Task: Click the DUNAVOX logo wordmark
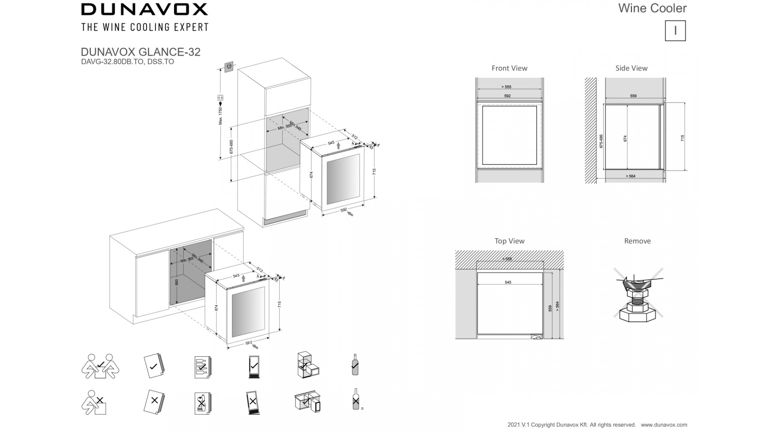click(144, 9)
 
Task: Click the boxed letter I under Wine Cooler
click(675, 31)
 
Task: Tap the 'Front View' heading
click(509, 68)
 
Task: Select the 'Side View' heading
click(631, 68)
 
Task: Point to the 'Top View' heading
click(509, 241)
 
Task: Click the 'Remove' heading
click(637, 241)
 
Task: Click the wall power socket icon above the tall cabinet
click(229, 66)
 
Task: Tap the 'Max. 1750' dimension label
click(220, 116)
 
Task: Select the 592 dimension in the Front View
click(507, 96)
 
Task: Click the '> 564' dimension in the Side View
click(630, 176)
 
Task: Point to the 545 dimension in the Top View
click(508, 282)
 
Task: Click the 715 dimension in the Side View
click(682, 138)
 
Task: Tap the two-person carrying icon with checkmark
click(100, 366)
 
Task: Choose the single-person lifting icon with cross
click(94, 402)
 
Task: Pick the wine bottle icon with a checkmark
click(355, 365)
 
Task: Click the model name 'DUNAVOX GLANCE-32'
click(140, 52)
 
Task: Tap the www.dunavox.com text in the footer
click(664, 425)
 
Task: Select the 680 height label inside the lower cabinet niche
click(177, 282)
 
